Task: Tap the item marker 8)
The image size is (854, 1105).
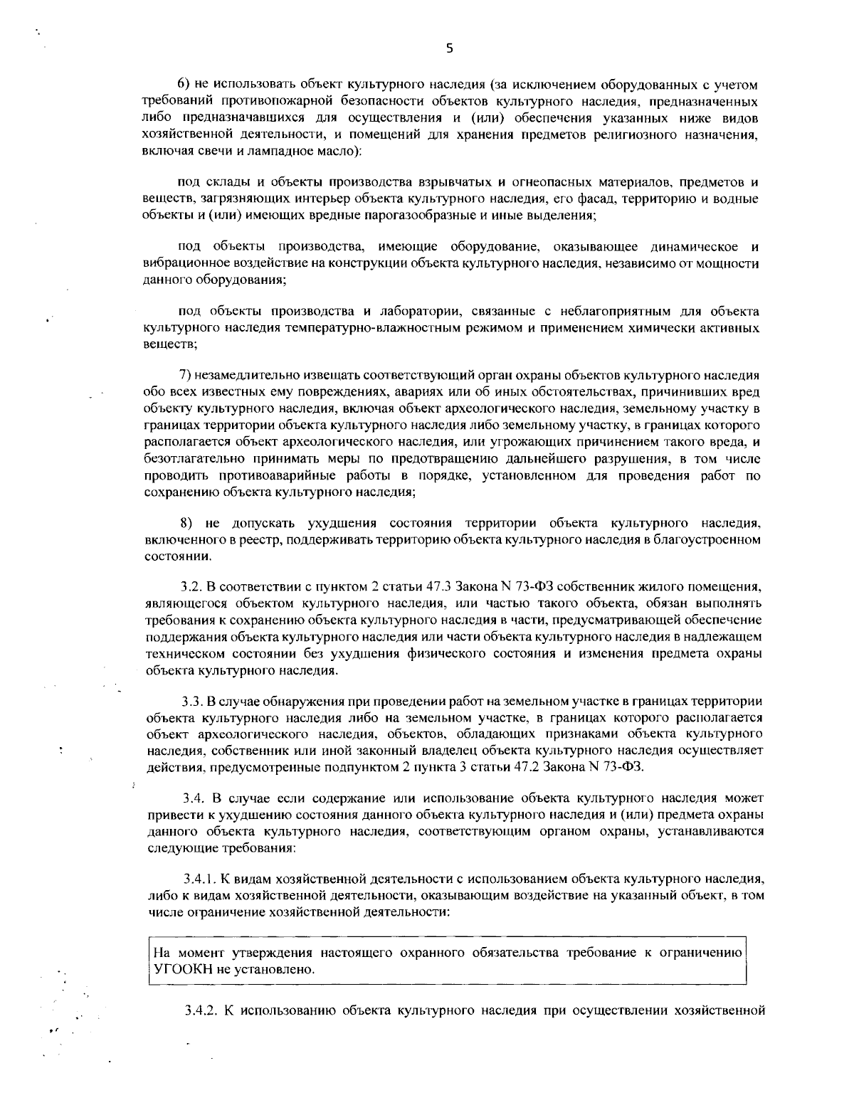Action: [186, 523]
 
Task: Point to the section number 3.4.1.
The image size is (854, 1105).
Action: [196, 879]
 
